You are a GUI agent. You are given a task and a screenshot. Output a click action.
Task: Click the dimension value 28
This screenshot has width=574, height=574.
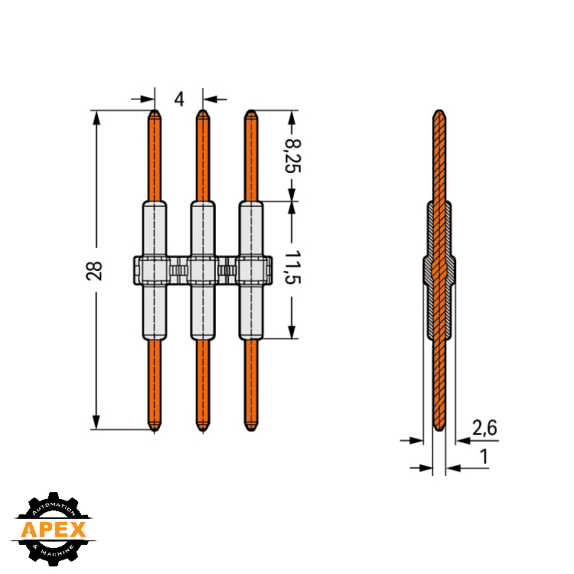[94, 271]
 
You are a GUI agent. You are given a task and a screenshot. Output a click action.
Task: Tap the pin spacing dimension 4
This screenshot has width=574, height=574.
[179, 99]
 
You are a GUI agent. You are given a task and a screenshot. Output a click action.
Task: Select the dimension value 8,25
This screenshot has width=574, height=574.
[293, 156]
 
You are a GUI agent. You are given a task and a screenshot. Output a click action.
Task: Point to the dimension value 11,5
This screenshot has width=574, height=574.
[293, 268]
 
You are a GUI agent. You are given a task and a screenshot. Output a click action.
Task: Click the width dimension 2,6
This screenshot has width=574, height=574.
[484, 428]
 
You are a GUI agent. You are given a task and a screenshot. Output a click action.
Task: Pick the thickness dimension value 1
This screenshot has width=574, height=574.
[484, 456]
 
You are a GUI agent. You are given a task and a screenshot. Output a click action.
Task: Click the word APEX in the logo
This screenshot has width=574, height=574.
[54, 530]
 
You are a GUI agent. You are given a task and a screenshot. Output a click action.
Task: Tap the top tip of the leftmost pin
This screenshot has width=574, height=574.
[155, 109]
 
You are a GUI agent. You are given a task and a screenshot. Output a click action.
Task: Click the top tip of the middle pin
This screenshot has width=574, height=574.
[203, 109]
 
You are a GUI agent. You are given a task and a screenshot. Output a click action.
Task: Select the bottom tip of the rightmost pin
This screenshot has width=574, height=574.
[251, 430]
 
